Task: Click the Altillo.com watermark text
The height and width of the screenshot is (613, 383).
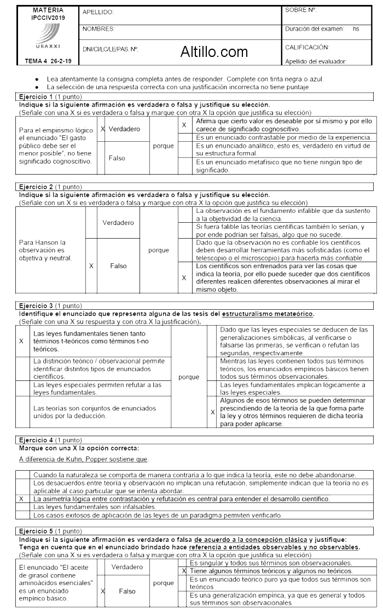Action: (214, 52)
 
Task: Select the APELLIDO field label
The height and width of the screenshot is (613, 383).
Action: (97, 11)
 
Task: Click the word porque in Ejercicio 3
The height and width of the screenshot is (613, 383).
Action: (189, 377)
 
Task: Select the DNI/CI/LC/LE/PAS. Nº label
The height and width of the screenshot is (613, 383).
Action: (110, 49)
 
